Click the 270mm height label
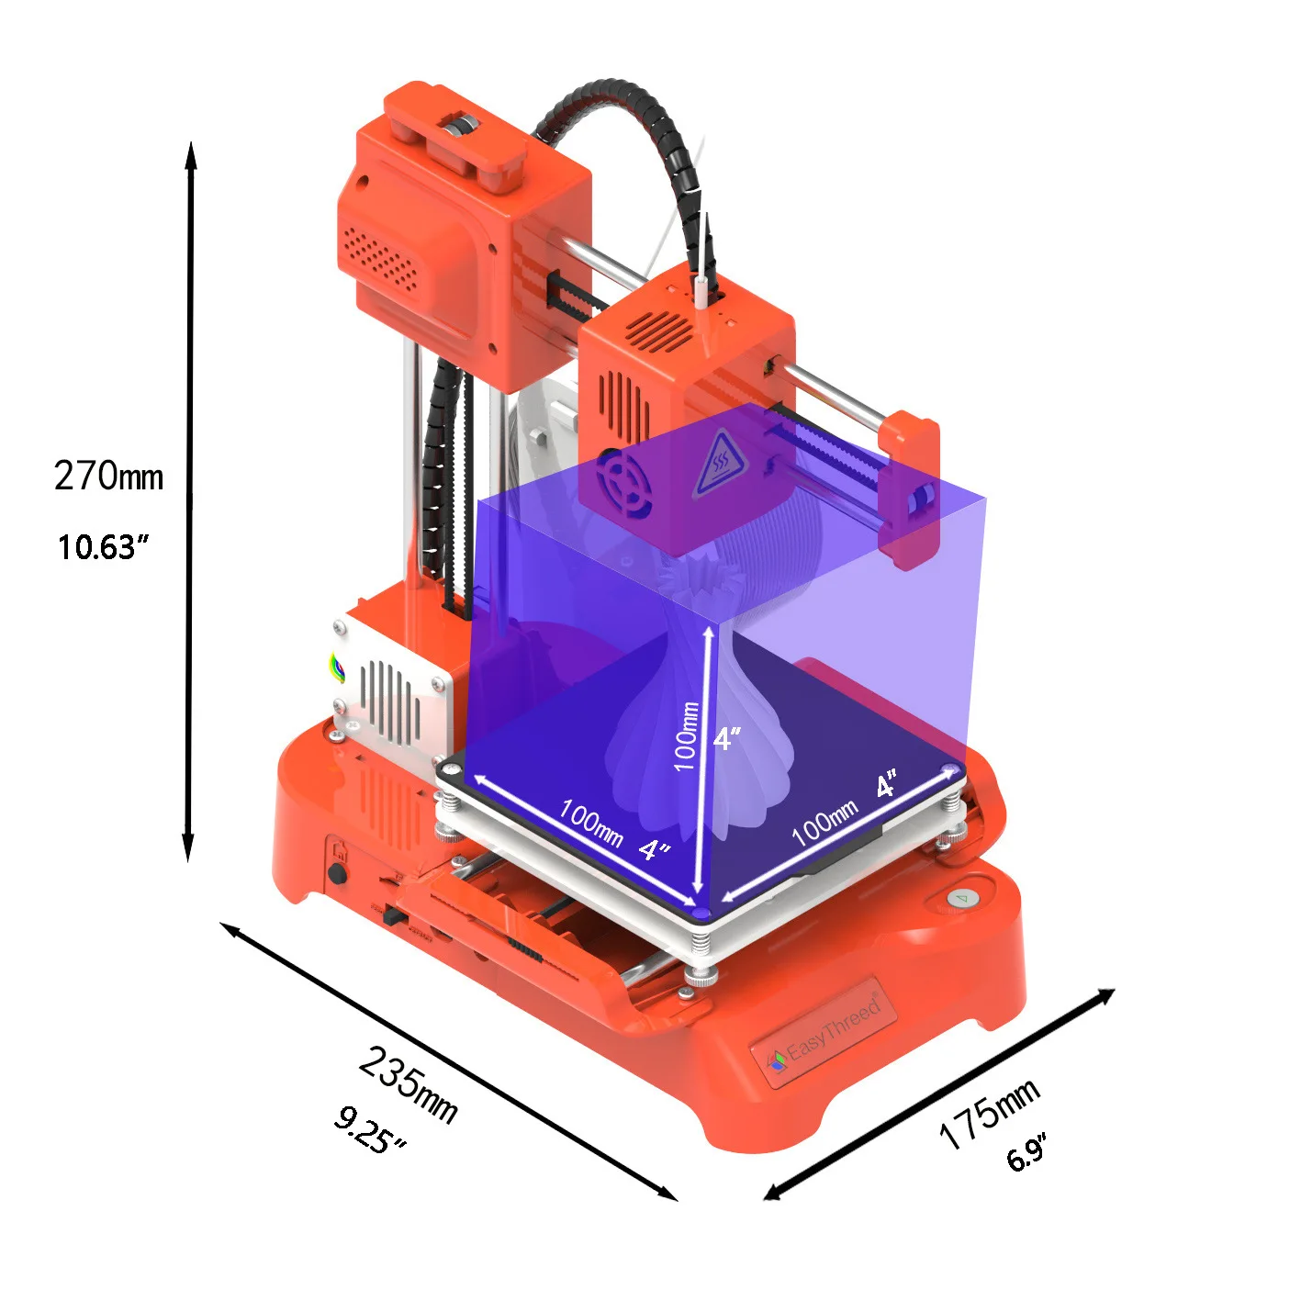tap(108, 477)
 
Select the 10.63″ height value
tap(103, 547)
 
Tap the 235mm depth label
tap(408, 1083)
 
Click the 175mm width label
tap(988, 1113)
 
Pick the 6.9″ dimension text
tap(1026, 1152)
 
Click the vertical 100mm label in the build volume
tap(686, 736)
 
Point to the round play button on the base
tap(961, 898)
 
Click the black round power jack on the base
tap(338, 873)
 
